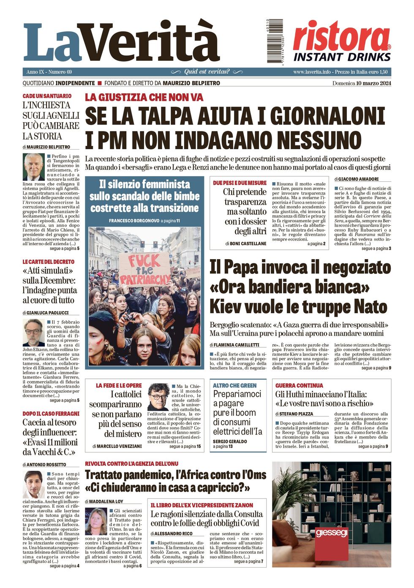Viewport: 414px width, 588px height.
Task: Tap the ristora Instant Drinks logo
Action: click(x=342, y=41)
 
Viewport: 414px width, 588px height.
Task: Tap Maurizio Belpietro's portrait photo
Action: click(x=34, y=167)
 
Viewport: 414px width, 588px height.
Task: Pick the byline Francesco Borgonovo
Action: click(x=134, y=221)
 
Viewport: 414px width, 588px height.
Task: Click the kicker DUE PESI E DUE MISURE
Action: click(x=240, y=183)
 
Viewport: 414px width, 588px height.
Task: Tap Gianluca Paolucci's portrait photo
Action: click(x=34, y=333)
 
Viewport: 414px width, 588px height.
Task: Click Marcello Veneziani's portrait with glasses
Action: click(x=158, y=397)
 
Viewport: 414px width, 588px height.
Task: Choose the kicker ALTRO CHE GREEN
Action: click(x=235, y=386)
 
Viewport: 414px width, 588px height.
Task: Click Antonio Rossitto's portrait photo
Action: click(x=34, y=484)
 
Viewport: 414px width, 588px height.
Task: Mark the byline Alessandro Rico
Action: click(x=174, y=533)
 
